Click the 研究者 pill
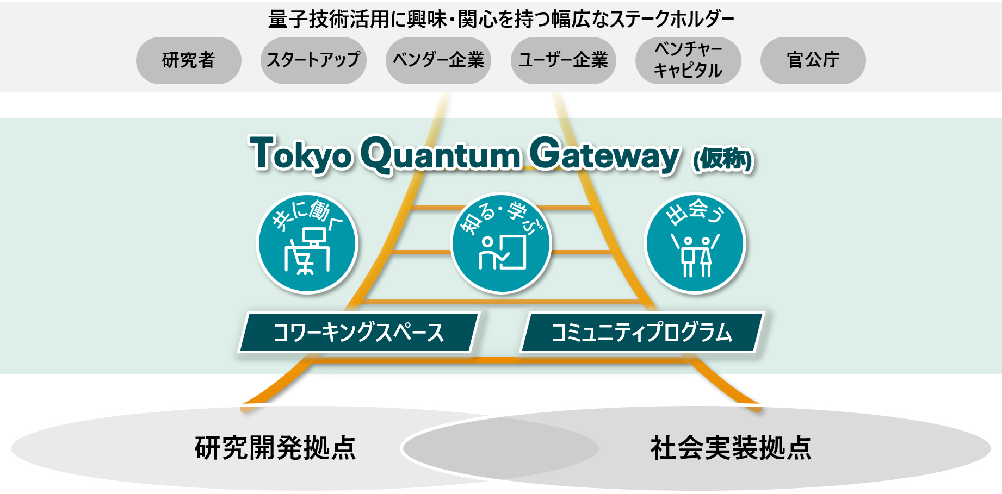[188, 60]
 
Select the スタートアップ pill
[313, 60]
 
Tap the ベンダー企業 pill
[438, 60]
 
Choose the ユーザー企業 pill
[563, 60]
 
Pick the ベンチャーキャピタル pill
[688, 60]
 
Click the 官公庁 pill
[813, 60]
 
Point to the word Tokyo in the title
[301, 154]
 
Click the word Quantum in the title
[441, 155]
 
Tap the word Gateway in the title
[604, 155]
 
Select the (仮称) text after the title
[722, 159]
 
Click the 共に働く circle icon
[307, 243]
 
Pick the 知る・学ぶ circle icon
[501, 243]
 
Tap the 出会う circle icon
[695, 243]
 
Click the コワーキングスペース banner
[358, 332]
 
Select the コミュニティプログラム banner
[642, 332]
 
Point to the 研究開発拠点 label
[275, 448]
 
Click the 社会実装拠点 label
[731, 448]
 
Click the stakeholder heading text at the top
[501, 19]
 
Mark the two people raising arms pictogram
[695, 255]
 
